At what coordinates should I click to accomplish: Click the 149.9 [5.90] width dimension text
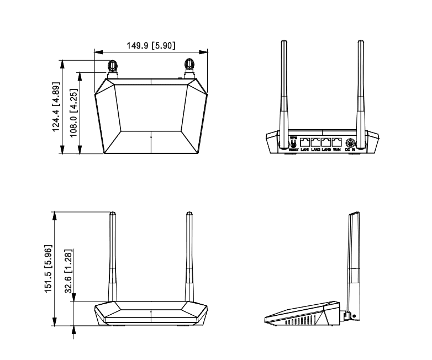point(151,45)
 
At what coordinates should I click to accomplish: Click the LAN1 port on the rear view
point(304,142)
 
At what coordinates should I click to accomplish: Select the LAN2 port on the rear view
point(315,142)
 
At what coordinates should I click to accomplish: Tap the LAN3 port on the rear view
point(326,142)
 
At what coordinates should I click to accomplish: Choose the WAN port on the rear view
point(337,142)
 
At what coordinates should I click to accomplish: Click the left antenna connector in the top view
point(112,67)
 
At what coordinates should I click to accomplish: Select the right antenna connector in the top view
point(189,67)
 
